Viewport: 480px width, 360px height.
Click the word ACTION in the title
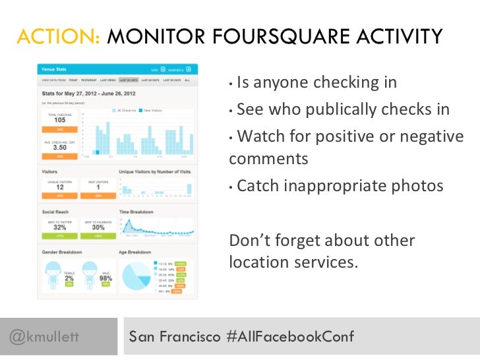(x=58, y=37)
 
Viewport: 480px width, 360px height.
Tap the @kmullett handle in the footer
(x=45, y=337)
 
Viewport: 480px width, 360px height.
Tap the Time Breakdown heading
(x=136, y=212)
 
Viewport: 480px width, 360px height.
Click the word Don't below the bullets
(x=250, y=241)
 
